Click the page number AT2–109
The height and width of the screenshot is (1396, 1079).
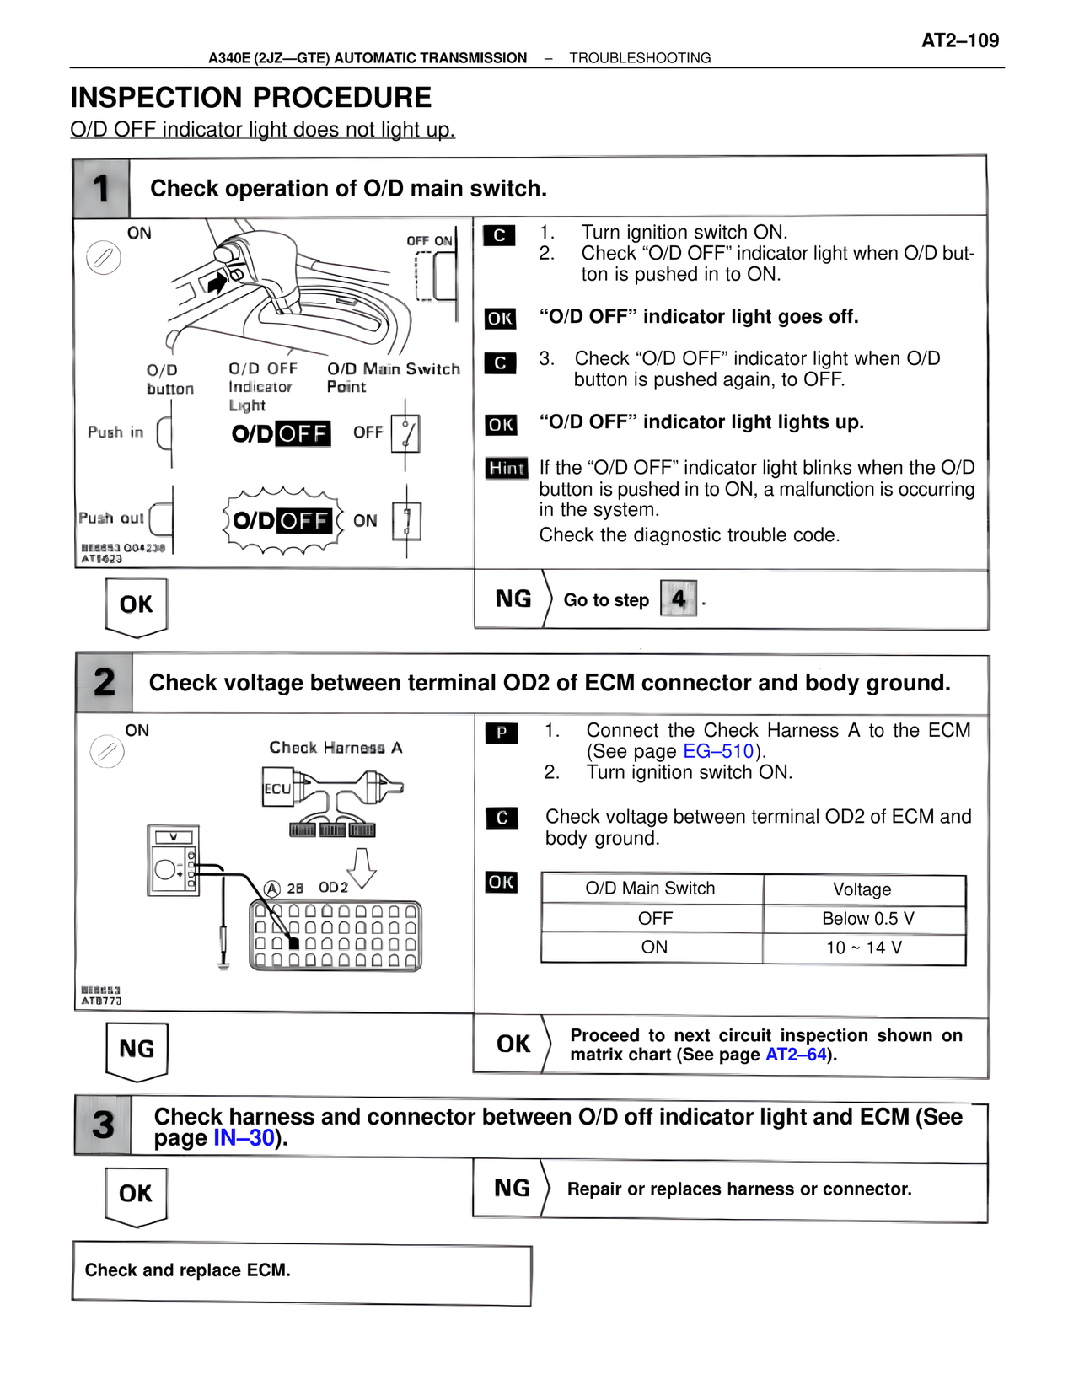click(x=959, y=40)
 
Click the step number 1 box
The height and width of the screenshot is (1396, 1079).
click(x=101, y=188)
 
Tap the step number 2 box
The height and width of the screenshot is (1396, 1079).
click(x=104, y=682)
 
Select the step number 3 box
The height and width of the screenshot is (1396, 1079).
click(x=103, y=1125)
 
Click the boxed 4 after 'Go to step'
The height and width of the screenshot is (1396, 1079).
click(x=679, y=599)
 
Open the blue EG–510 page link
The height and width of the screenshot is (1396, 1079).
click(x=717, y=751)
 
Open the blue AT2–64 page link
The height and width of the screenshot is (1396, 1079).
click(x=796, y=1055)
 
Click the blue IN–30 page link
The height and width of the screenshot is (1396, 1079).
click(x=244, y=1138)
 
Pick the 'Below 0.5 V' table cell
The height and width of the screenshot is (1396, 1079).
click(x=867, y=919)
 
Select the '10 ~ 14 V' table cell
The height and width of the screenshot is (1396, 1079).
click(x=864, y=948)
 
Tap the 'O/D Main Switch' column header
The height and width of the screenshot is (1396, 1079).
click(x=650, y=889)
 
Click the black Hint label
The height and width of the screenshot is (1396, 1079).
click(x=507, y=468)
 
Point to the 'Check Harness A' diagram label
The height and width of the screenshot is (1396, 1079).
click(x=336, y=748)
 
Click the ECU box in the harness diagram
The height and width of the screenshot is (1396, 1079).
click(x=277, y=788)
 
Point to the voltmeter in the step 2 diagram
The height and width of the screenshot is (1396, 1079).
click(x=173, y=860)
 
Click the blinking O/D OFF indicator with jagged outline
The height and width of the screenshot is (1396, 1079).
click(x=282, y=520)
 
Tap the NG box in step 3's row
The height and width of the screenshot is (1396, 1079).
click(x=512, y=1189)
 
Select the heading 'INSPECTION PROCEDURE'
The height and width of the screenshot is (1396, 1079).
click(x=250, y=98)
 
